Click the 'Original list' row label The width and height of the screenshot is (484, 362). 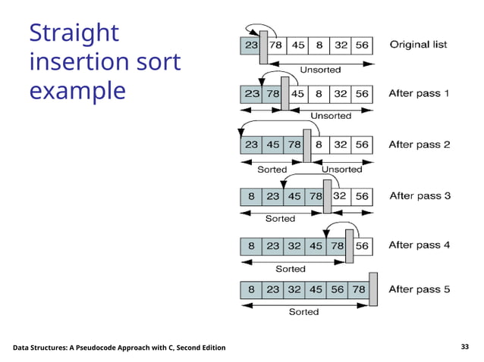pos(418,45)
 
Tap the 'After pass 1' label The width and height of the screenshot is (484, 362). pos(419,94)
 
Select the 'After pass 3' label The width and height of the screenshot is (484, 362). pos(420,195)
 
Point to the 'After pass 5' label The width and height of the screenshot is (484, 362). pos(420,289)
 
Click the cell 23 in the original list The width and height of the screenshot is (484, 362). pos(250,45)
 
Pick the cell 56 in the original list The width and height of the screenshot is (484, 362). pos(363,45)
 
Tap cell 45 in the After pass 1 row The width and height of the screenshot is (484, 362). pos(298,94)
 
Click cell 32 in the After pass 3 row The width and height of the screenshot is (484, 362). pos(339,195)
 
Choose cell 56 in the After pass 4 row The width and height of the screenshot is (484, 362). pos(362,245)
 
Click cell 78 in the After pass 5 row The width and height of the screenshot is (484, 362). pos(359,289)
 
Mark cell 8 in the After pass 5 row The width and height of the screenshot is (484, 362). pos(250,289)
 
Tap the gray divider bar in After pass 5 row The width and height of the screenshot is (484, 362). pos(372,289)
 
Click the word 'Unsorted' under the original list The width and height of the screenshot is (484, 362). pos(320,70)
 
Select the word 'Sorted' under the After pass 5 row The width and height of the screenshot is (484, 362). pos(303,311)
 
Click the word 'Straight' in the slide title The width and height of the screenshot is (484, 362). pos(74,33)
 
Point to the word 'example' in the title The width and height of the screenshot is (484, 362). pos(77,90)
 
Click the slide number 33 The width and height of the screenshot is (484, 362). pos(465,347)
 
